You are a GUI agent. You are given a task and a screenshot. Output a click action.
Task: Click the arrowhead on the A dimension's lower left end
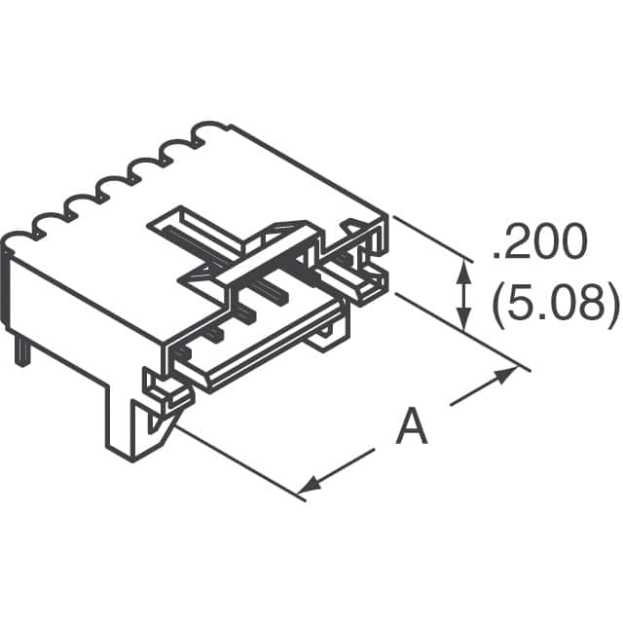309,485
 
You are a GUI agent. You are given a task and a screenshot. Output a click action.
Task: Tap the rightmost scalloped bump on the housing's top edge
207,132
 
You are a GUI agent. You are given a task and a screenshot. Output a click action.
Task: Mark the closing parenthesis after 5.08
610,304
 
